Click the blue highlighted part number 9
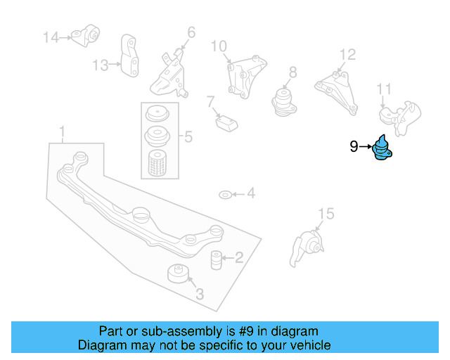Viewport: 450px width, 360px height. (x=382, y=150)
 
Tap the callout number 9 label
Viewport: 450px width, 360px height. (x=354, y=146)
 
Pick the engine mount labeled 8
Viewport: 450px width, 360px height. (x=283, y=100)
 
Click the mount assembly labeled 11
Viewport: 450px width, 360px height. (x=399, y=117)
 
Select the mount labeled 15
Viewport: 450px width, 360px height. (x=307, y=247)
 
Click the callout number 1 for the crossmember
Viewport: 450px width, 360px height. (x=62, y=131)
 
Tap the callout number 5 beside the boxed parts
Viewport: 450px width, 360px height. (x=188, y=137)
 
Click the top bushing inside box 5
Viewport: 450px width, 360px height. (x=157, y=114)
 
